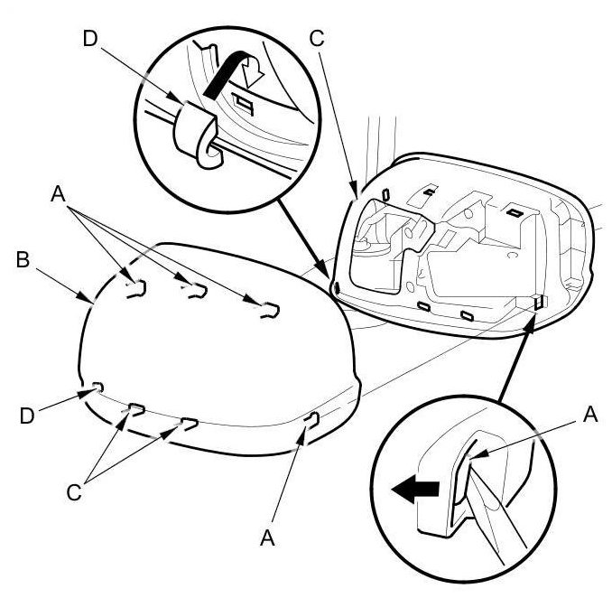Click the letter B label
[x=23, y=259]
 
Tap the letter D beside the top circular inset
[x=90, y=39]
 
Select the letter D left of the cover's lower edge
[x=27, y=416]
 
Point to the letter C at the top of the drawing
[x=317, y=39]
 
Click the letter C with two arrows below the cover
[x=74, y=492]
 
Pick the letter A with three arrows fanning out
[x=58, y=193]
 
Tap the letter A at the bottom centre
[x=267, y=537]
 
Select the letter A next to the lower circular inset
[x=589, y=415]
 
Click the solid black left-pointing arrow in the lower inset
[x=415, y=489]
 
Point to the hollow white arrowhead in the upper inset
[x=253, y=74]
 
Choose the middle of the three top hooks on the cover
[x=199, y=292]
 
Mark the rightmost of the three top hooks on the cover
[x=271, y=310]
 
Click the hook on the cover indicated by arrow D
[x=98, y=388]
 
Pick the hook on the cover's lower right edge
[x=313, y=420]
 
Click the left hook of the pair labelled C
[x=137, y=409]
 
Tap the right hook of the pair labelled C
[x=190, y=424]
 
